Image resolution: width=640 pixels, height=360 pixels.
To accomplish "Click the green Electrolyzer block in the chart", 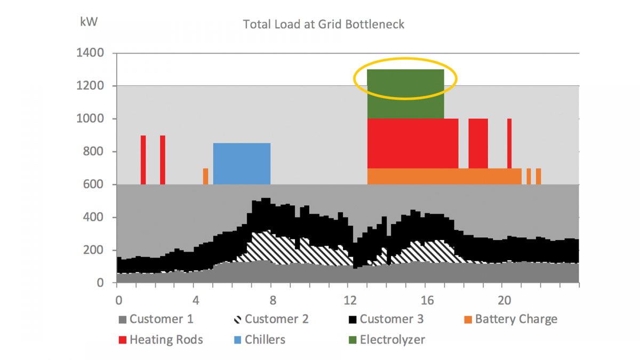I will pos(405,94).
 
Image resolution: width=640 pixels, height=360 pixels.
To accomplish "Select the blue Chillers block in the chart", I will pos(242,163).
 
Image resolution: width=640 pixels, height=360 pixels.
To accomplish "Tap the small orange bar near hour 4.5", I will pos(205,176).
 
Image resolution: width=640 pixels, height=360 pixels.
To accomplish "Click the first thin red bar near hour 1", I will pos(143,159).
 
